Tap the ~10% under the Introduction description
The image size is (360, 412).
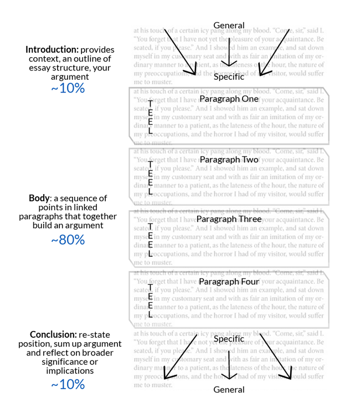click(68, 88)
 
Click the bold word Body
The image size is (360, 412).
click(39, 198)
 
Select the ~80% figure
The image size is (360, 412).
click(68, 240)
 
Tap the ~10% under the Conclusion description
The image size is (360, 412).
click(68, 384)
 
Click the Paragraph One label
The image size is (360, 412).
click(229, 98)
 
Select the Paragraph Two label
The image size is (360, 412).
click(229, 159)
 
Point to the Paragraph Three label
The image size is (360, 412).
click(229, 219)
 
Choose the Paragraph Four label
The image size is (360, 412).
click(229, 282)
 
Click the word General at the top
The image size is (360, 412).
click(229, 25)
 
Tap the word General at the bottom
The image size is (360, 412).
click(229, 389)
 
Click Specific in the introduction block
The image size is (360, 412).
click(229, 77)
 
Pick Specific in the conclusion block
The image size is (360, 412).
click(229, 338)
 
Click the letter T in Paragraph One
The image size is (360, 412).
click(150, 104)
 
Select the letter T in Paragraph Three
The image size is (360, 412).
click(150, 226)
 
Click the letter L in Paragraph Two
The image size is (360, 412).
click(150, 192)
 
